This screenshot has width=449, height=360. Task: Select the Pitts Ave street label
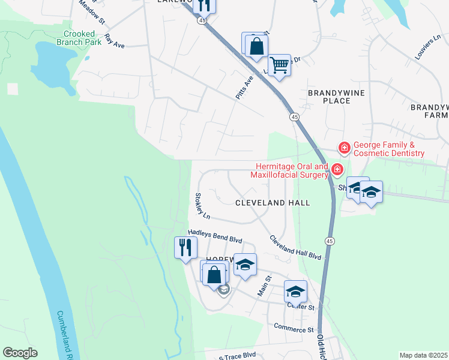244,88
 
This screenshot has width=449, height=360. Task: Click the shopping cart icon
279,65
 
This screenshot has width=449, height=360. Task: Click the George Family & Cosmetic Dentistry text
388,149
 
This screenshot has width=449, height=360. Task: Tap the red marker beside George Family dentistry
344,147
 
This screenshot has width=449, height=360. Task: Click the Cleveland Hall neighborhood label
273,203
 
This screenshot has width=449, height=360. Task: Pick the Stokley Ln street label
202,206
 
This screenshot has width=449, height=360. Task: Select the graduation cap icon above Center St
295,291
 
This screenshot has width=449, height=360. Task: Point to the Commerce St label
294,329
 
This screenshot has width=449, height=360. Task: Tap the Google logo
20,353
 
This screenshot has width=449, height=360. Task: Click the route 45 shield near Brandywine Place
294,116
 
